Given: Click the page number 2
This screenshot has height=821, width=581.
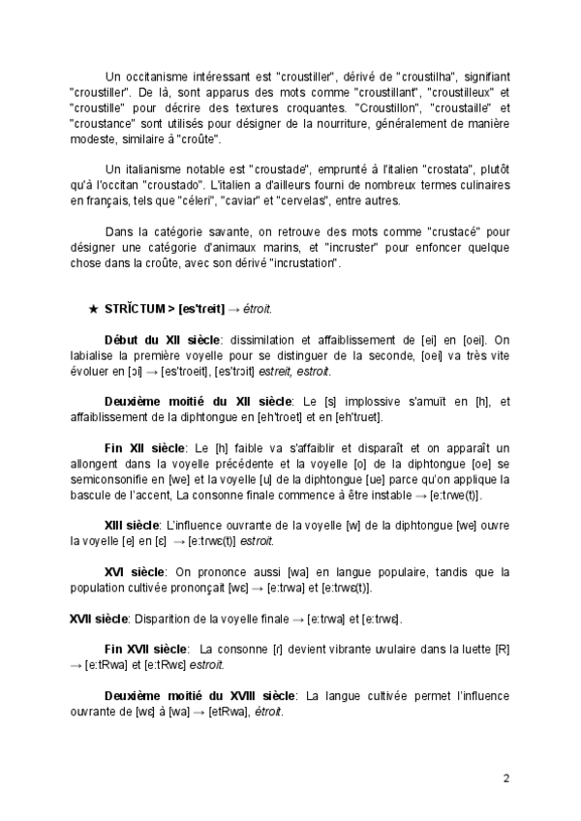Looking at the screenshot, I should pyautogui.click(x=506, y=777).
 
